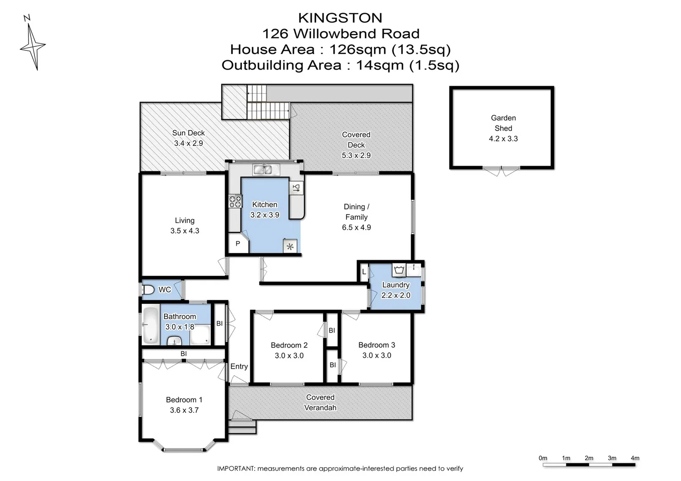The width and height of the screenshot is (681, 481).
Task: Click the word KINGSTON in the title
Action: pos(340,18)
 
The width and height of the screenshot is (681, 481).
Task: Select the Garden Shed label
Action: pos(503,123)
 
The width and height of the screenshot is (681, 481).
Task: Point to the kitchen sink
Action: pos(266,170)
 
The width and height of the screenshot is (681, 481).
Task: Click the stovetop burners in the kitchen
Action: pos(235,201)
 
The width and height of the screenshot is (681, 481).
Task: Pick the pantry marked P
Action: pos(238,244)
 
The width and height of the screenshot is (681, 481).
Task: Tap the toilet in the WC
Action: pos(148,290)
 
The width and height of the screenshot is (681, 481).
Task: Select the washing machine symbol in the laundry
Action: pos(398,269)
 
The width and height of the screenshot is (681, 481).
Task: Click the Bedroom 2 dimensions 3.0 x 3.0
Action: pos(289,355)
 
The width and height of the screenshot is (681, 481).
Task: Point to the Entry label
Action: pos(239,367)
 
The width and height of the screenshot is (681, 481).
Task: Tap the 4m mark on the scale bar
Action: pos(635,458)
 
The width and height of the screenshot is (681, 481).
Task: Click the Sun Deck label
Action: pos(188,133)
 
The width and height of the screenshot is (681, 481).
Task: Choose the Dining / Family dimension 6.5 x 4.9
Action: pos(356,228)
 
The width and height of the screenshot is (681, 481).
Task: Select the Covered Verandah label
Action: pos(320,402)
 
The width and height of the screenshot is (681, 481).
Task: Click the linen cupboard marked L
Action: pos(364,272)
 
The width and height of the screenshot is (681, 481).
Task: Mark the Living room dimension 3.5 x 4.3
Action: pos(185,231)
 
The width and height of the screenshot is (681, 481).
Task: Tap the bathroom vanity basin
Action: pos(174,341)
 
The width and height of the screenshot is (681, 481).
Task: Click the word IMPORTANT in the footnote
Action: pos(236,469)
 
